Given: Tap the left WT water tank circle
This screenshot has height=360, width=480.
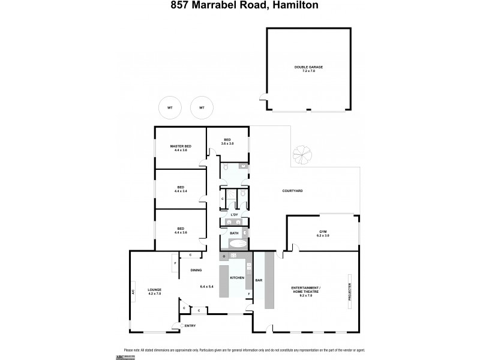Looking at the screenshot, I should pos(170,108).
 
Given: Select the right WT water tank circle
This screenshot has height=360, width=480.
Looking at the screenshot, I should pos(202,108).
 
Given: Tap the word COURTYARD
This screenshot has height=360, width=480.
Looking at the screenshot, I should pos(292,191).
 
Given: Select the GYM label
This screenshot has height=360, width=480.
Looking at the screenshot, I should pos(323,232).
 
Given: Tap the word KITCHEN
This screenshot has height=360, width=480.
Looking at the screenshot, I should pos(237,278).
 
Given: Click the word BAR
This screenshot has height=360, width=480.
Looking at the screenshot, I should pos(259,280).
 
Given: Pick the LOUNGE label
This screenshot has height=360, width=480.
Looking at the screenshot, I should pos(155,290).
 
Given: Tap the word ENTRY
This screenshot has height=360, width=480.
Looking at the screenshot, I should pos(190,326).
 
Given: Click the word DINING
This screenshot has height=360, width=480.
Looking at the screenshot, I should pos(196,270).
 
